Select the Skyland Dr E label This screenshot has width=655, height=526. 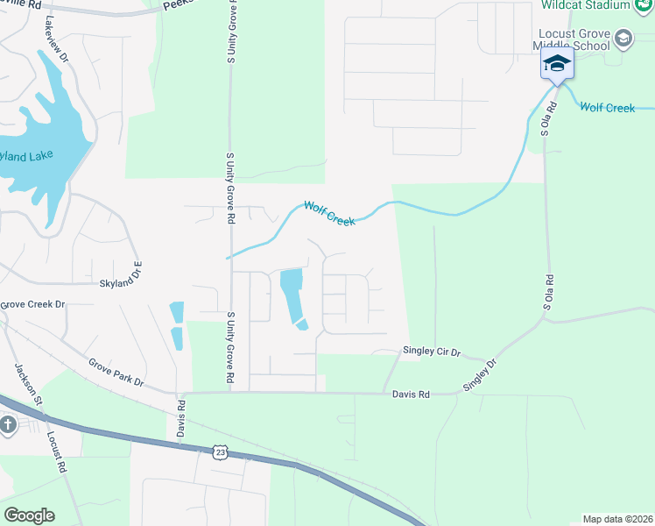pyautogui.click(x=120, y=282)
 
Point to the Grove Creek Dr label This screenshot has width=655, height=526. pyautogui.click(x=33, y=304)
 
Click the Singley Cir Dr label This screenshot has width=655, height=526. pyautogui.click(x=431, y=351)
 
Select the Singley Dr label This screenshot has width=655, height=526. pyautogui.click(x=479, y=374)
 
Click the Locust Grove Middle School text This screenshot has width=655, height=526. pyautogui.click(x=574, y=39)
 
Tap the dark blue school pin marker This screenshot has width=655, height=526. pyautogui.click(x=556, y=64)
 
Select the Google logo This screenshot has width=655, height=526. pyautogui.click(x=29, y=515)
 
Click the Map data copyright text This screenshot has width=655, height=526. pyautogui.click(x=616, y=519)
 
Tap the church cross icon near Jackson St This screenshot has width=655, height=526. pyautogui.click(x=8, y=426)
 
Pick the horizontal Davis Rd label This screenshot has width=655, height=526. pyautogui.click(x=411, y=395)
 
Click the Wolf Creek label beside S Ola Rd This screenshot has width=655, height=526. pyautogui.click(x=607, y=108)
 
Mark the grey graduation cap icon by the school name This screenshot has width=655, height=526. pyautogui.click(x=623, y=38)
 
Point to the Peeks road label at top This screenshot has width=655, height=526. pyautogui.click(x=178, y=4)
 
